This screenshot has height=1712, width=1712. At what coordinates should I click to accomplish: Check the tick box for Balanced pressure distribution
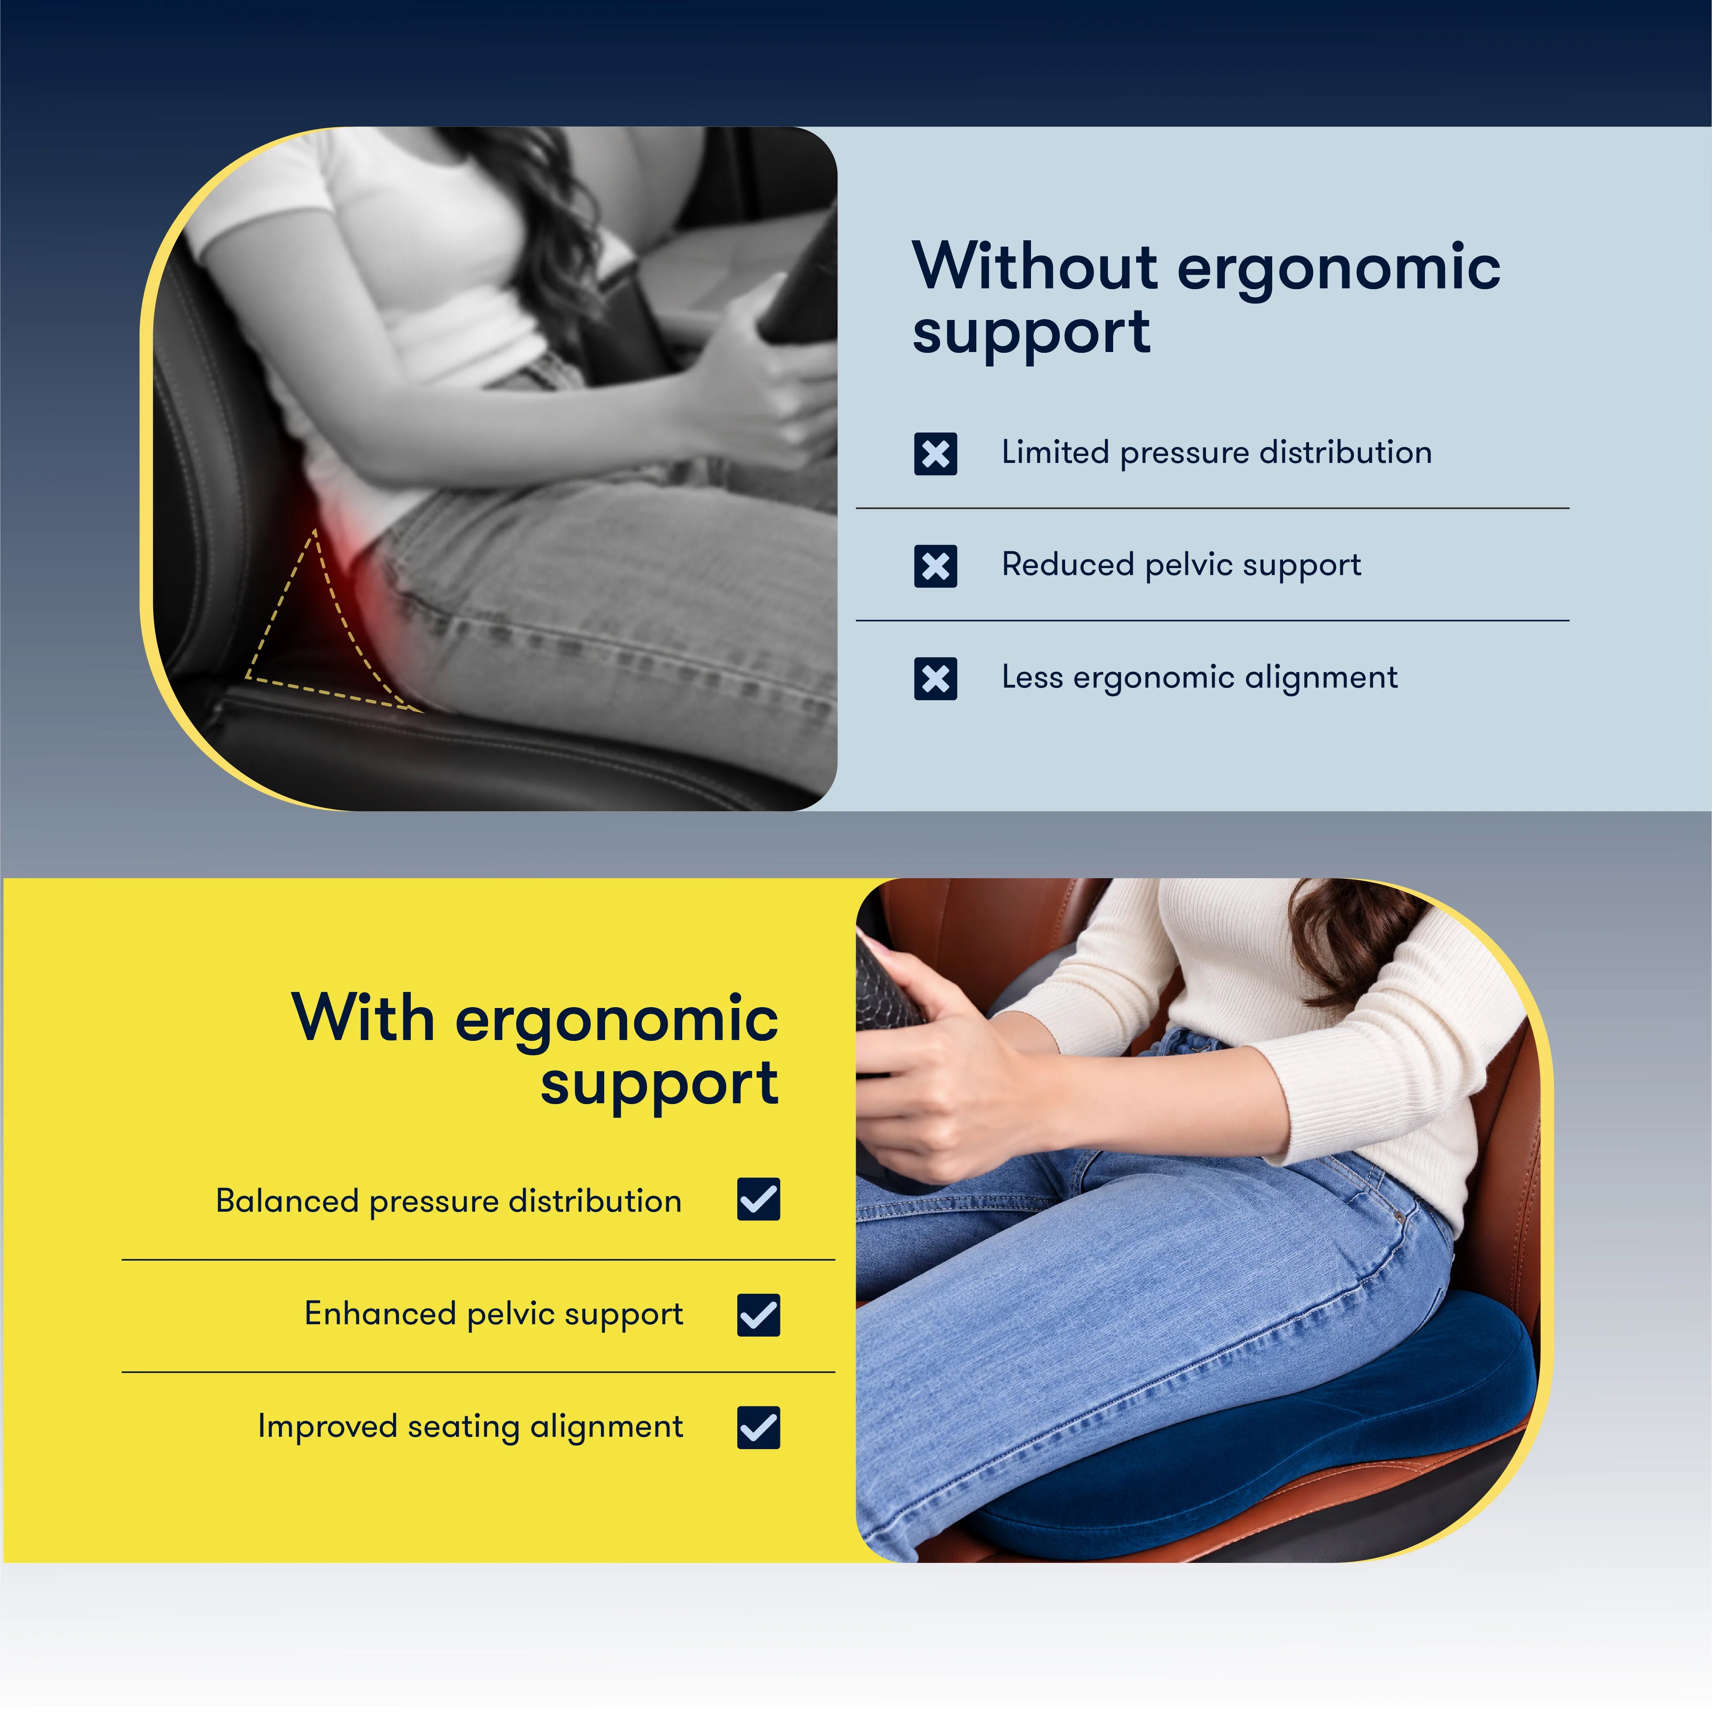(x=759, y=1200)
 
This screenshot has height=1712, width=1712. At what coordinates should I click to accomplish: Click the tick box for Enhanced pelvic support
(x=759, y=1314)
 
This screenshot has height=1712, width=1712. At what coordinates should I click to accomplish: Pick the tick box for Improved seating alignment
(x=759, y=1427)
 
